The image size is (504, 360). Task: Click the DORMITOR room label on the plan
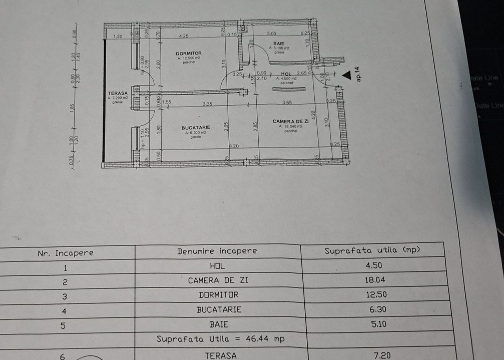pyautogui.click(x=189, y=53)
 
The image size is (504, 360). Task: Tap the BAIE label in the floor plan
pyautogui.click(x=279, y=43)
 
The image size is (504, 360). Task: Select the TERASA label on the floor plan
pyautogui.click(x=118, y=93)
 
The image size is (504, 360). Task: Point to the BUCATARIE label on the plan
pyautogui.click(x=196, y=128)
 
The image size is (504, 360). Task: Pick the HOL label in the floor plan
pyautogui.click(x=286, y=73)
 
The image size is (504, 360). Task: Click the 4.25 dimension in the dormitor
pyautogui.click(x=183, y=36)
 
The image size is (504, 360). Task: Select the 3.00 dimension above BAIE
pyautogui.click(x=271, y=33)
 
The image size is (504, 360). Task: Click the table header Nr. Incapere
pyautogui.click(x=66, y=252)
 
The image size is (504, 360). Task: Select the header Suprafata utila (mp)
pyautogui.click(x=372, y=250)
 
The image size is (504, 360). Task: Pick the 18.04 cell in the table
pyautogui.click(x=376, y=280)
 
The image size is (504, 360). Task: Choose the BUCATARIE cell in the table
pyautogui.click(x=219, y=309)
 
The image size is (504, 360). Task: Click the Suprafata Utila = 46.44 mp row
pyautogui.click(x=221, y=339)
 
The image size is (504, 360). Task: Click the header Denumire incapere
pyautogui.click(x=217, y=251)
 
